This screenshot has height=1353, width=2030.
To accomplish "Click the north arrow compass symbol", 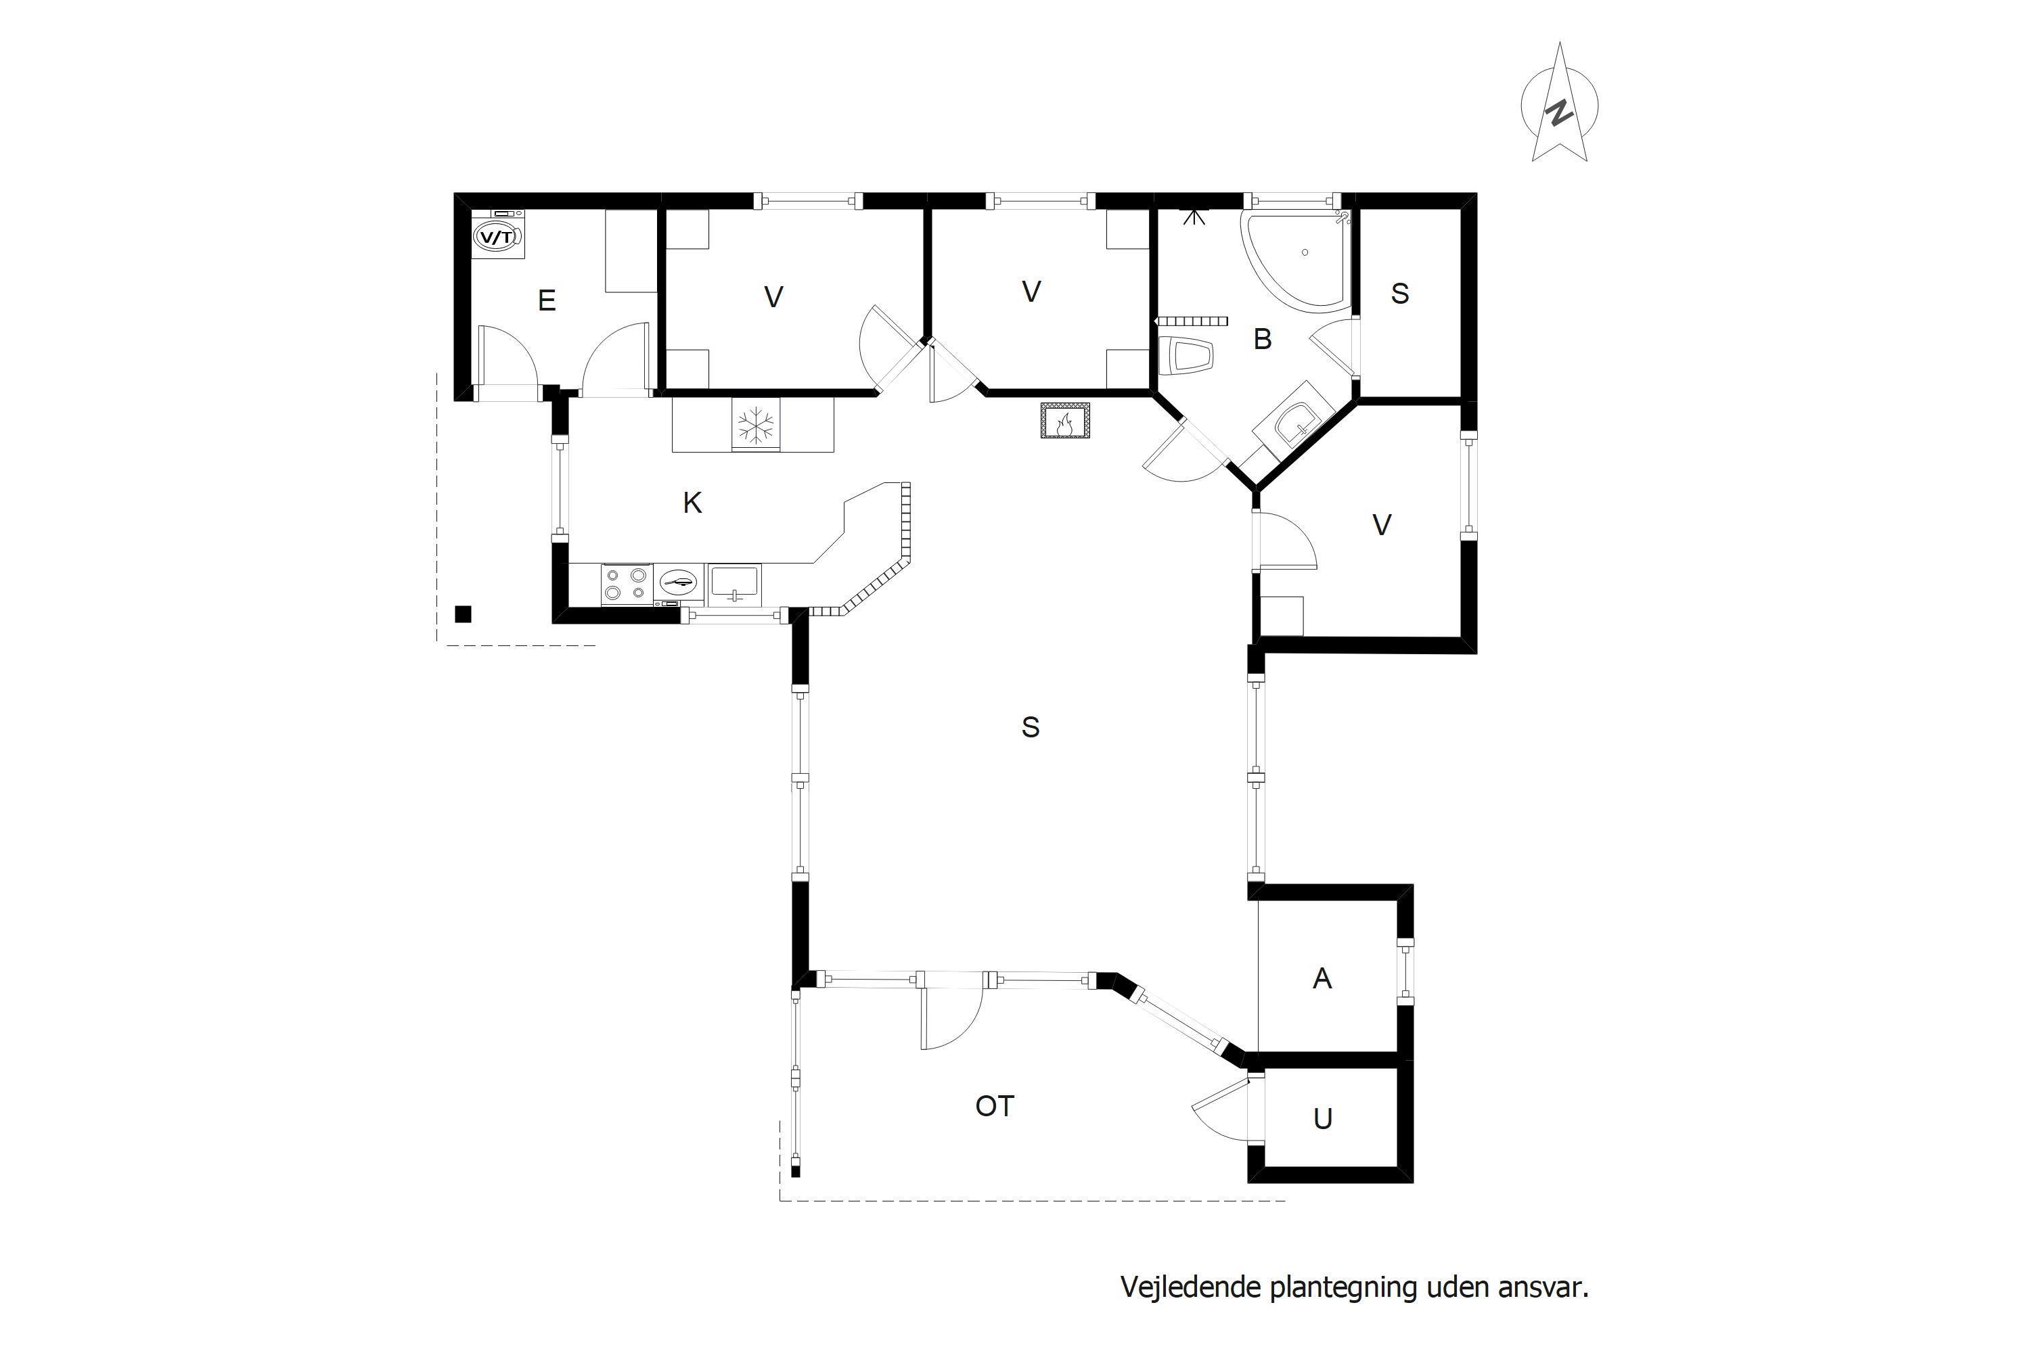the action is point(1559,104).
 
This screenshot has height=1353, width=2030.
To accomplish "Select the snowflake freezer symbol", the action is point(756,425).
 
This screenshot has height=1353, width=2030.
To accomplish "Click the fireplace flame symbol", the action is point(1065,420).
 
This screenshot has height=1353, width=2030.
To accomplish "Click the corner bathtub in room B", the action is point(1294,260).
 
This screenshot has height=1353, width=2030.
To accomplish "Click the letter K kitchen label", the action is point(692,503).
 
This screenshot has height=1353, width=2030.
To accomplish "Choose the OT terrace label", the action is point(994,1106).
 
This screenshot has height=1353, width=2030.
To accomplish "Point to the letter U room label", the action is point(1322,1119).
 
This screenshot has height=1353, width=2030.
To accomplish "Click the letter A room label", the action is point(1322,978).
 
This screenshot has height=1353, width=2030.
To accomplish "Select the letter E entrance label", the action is point(546,300).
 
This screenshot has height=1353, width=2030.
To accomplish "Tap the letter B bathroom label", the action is point(1263,339).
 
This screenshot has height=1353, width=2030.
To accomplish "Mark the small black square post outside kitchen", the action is point(464,614).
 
